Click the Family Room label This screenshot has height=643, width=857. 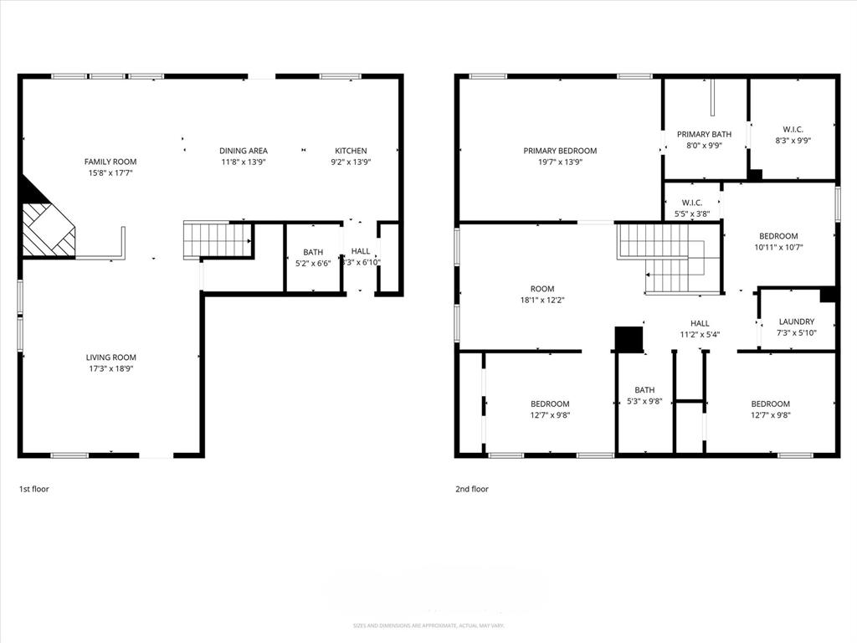tap(110, 162)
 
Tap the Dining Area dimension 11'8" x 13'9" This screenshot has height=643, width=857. tap(244, 162)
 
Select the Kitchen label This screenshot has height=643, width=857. tap(351, 151)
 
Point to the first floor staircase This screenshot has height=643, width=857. tap(217, 239)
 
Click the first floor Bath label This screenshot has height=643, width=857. tap(313, 251)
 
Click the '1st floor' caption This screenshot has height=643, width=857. tap(33, 489)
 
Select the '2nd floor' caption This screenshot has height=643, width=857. tap(472, 489)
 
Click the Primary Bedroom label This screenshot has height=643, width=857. tap(560, 151)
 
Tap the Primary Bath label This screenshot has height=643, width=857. tap(704, 134)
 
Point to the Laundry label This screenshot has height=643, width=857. tap(796, 321)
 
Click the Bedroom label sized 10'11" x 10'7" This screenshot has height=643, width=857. tap(778, 236)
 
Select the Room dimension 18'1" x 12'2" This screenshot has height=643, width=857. tap(542, 300)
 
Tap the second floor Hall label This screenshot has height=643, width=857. tap(700, 323)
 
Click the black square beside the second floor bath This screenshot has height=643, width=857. tap(629, 338)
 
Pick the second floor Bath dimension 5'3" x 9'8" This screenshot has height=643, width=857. tap(644, 401)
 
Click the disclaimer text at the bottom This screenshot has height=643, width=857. tap(428, 625)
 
